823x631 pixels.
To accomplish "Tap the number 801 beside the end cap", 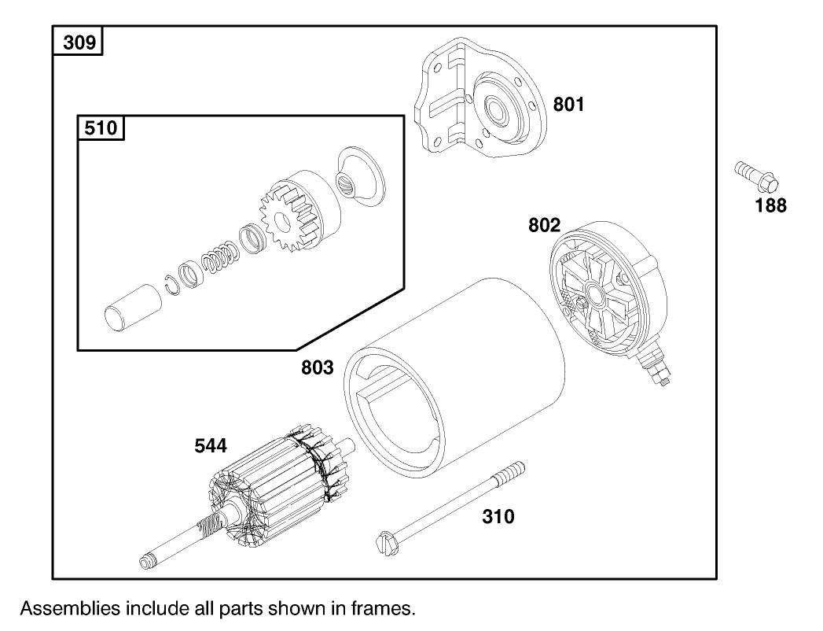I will tap(568, 105).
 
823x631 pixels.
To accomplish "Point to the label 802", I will tap(544, 226).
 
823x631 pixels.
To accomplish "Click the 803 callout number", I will tap(318, 367).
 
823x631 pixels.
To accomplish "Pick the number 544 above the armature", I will tap(211, 447).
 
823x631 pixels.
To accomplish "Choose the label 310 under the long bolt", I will tap(498, 517).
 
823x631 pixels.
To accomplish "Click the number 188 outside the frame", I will tap(770, 207).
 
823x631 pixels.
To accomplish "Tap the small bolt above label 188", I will tap(755, 177).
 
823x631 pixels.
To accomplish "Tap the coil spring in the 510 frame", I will tap(219, 259).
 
